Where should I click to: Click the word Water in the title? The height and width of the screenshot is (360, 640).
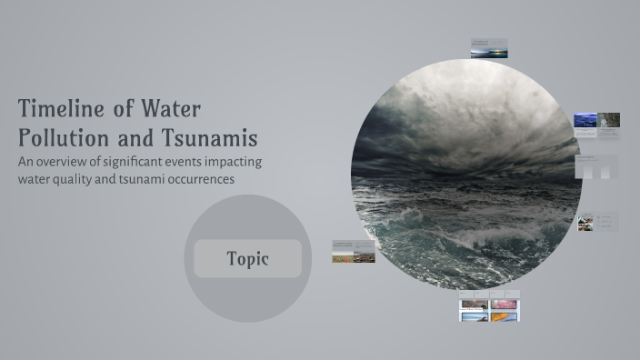point(170,109)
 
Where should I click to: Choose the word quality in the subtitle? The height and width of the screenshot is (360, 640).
point(77,179)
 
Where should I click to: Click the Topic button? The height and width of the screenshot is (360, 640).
point(247,259)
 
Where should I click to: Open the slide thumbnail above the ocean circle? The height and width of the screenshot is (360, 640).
point(488,49)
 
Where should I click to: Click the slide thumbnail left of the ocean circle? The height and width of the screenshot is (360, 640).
point(353,252)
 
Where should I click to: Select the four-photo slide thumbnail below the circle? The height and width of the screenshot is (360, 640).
point(489,306)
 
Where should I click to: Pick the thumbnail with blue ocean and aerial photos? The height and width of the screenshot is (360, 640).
point(596,124)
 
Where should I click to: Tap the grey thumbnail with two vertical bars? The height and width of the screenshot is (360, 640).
point(596,166)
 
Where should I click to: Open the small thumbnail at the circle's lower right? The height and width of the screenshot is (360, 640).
point(597,222)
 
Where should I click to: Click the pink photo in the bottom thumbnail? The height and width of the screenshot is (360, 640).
point(504,305)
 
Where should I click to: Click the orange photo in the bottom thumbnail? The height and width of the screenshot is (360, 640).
point(504,316)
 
